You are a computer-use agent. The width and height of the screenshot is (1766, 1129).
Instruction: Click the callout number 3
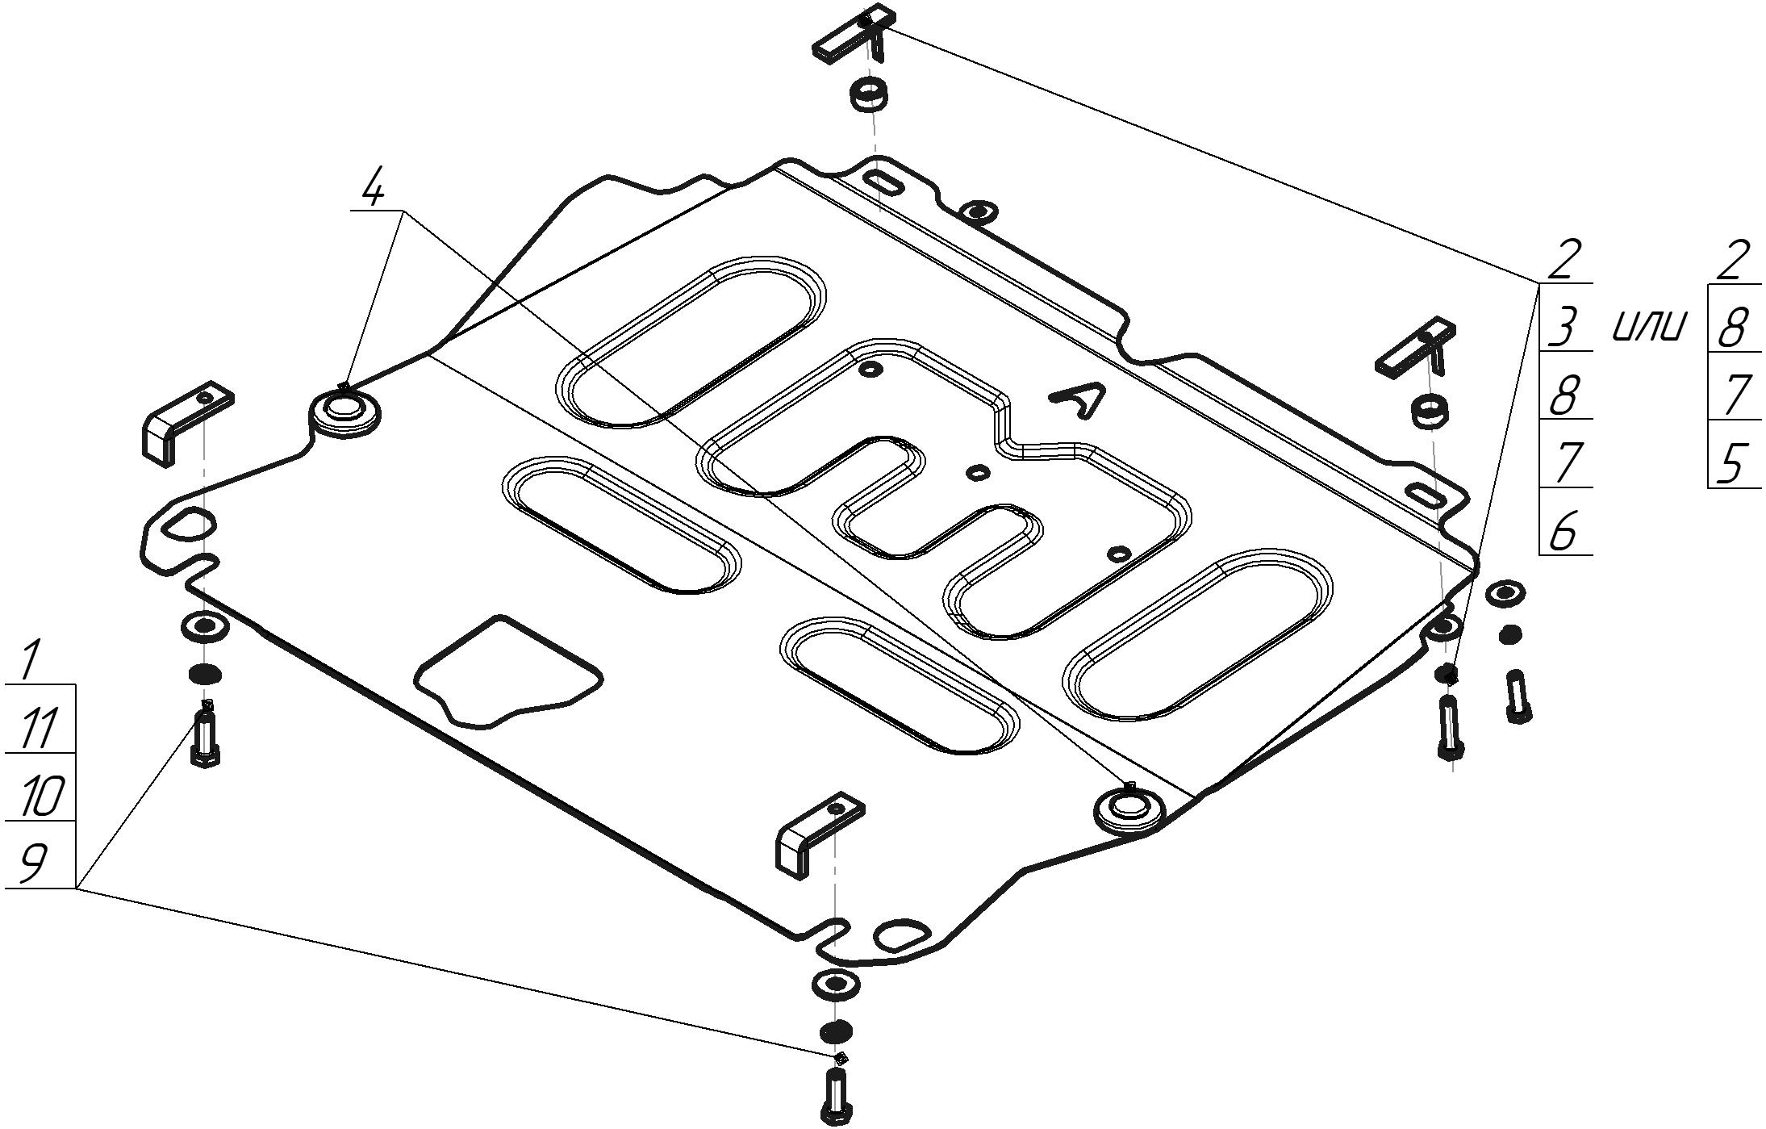[1564, 328]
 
